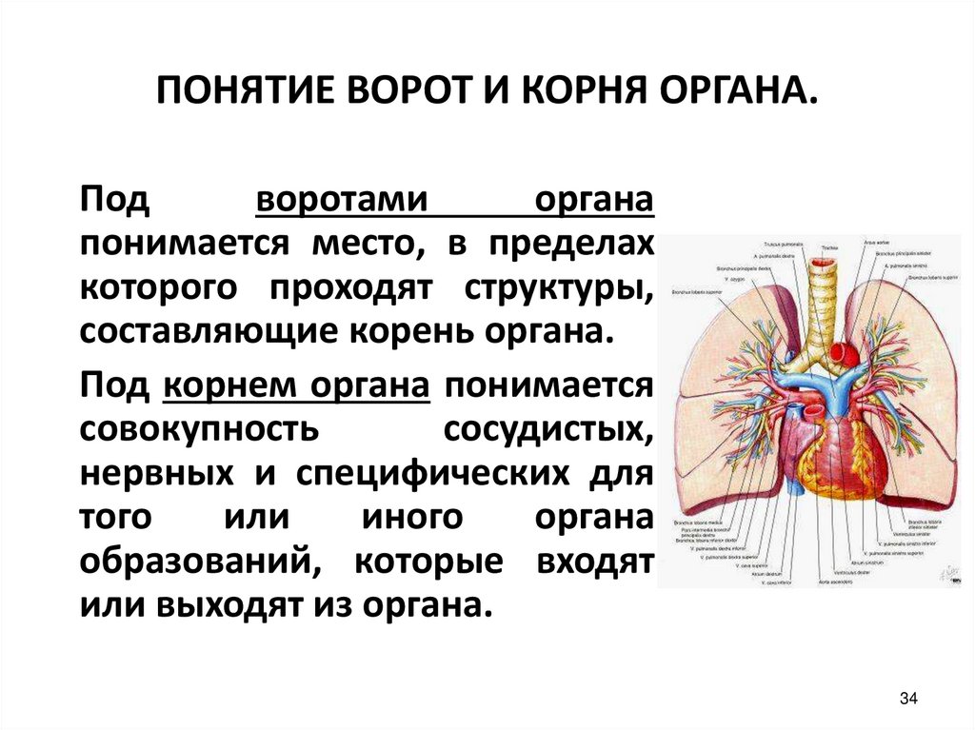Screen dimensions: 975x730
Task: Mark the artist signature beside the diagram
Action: coord(949,570)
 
